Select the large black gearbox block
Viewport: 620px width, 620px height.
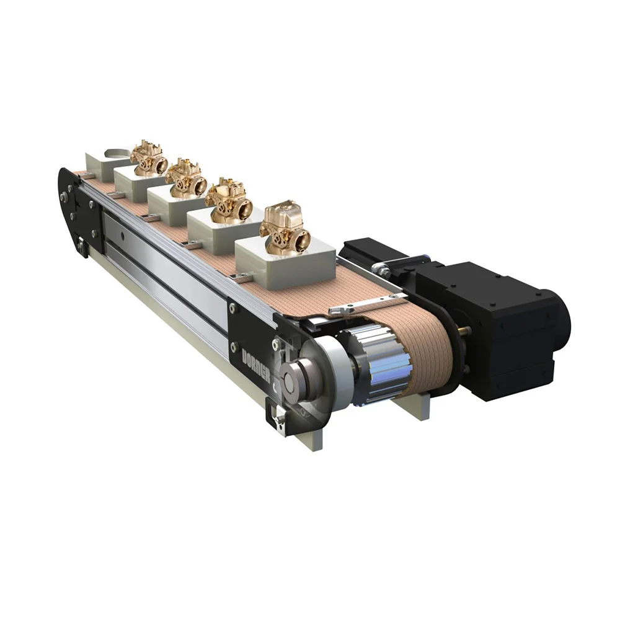496,329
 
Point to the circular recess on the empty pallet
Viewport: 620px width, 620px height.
118,153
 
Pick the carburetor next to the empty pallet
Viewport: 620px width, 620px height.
149,157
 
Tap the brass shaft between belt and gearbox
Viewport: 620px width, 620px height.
464,330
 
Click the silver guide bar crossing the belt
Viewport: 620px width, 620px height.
366,304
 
